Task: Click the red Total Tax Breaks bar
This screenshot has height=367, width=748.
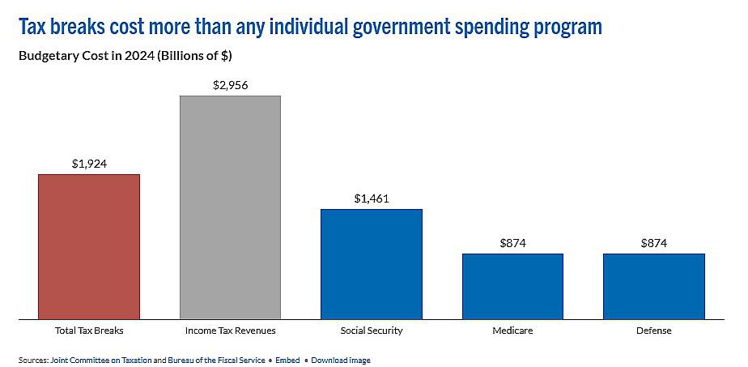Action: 89,246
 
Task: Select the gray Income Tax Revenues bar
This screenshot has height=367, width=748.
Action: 230,207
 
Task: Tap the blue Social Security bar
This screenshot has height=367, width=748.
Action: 372,264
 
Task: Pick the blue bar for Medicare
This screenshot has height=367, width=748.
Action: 512,286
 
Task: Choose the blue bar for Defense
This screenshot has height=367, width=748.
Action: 653,286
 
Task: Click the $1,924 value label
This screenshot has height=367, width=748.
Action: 89,164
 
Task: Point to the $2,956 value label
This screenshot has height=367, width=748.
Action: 230,85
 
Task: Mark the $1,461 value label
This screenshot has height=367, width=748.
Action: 372,198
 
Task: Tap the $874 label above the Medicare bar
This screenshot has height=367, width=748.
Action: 512,243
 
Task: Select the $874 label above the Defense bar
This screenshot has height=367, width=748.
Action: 653,243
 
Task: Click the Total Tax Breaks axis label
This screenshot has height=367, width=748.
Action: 89,331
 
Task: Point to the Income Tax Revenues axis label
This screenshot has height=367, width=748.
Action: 230,331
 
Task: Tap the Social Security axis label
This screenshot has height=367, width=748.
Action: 372,331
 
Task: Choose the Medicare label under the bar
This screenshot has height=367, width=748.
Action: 512,331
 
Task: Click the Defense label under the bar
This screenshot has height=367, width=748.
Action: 653,331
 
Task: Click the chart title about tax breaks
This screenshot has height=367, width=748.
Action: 310,27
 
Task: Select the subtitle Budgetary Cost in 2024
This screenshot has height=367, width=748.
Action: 125,56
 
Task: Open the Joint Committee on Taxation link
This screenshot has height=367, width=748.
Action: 101,360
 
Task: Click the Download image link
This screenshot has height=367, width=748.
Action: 341,360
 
